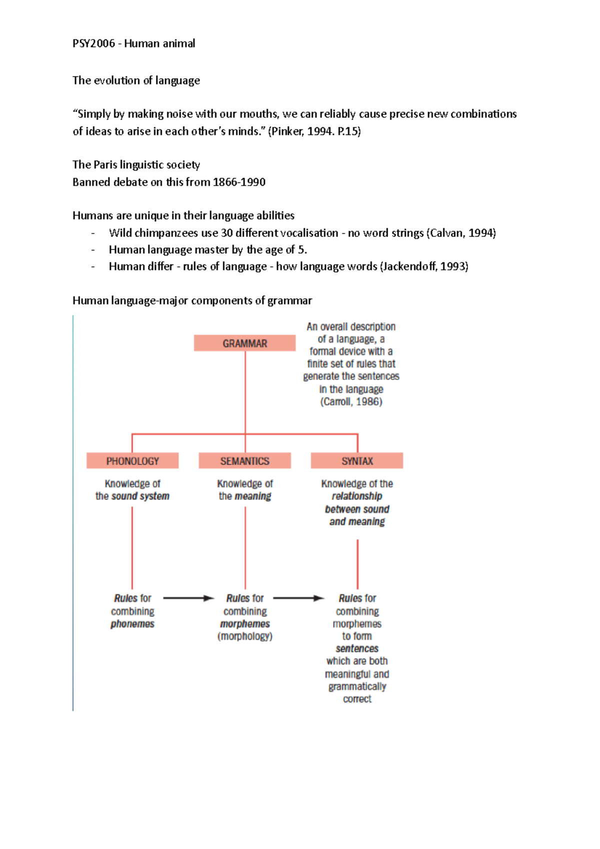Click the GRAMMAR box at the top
click(244, 343)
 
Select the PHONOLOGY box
click(132, 461)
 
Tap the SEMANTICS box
click(244, 461)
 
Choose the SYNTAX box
click(357, 461)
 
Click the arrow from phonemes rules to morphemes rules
click(188, 598)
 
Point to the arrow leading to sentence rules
click(298, 598)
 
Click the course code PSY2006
click(93, 43)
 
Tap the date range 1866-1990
click(239, 182)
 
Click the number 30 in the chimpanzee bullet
click(226, 233)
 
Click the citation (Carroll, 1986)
click(351, 401)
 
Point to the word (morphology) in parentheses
click(244, 636)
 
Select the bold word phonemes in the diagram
click(132, 624)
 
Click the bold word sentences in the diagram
click(357, 648)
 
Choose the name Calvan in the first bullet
click(446, 233)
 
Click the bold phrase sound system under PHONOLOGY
click(140, 496)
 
